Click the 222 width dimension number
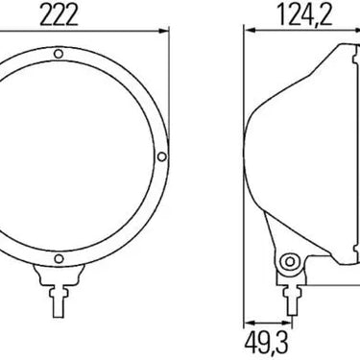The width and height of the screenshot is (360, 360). [x=59, y=15]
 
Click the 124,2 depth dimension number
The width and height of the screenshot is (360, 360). [x=305, y=14]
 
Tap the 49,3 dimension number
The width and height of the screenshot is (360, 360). [x=267, y=344]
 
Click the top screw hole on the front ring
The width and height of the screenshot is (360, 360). [x=59, y=54]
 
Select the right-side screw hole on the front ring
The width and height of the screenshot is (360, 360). [x=162, y=156]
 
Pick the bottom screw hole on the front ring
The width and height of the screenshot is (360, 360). [x=59, y=258]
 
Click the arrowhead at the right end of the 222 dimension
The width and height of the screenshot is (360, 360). [x=163, y=31]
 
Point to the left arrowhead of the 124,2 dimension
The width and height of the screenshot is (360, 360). [x=250, y=31]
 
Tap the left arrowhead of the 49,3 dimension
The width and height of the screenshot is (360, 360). [x=250, y=323]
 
